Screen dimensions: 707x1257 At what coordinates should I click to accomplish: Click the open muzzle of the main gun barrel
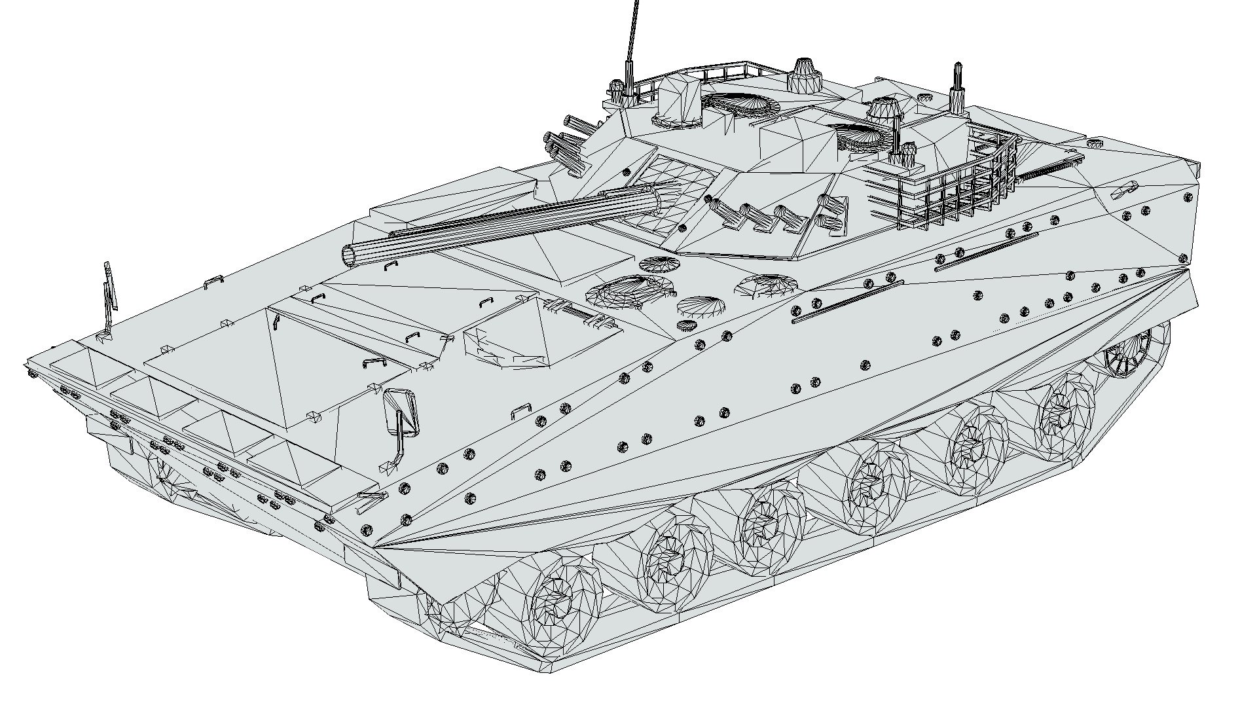351,255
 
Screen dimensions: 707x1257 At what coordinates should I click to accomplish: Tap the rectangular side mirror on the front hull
401,412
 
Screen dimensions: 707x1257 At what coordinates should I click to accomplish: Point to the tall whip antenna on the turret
632,33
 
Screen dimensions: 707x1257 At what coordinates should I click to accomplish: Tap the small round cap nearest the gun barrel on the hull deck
659,264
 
